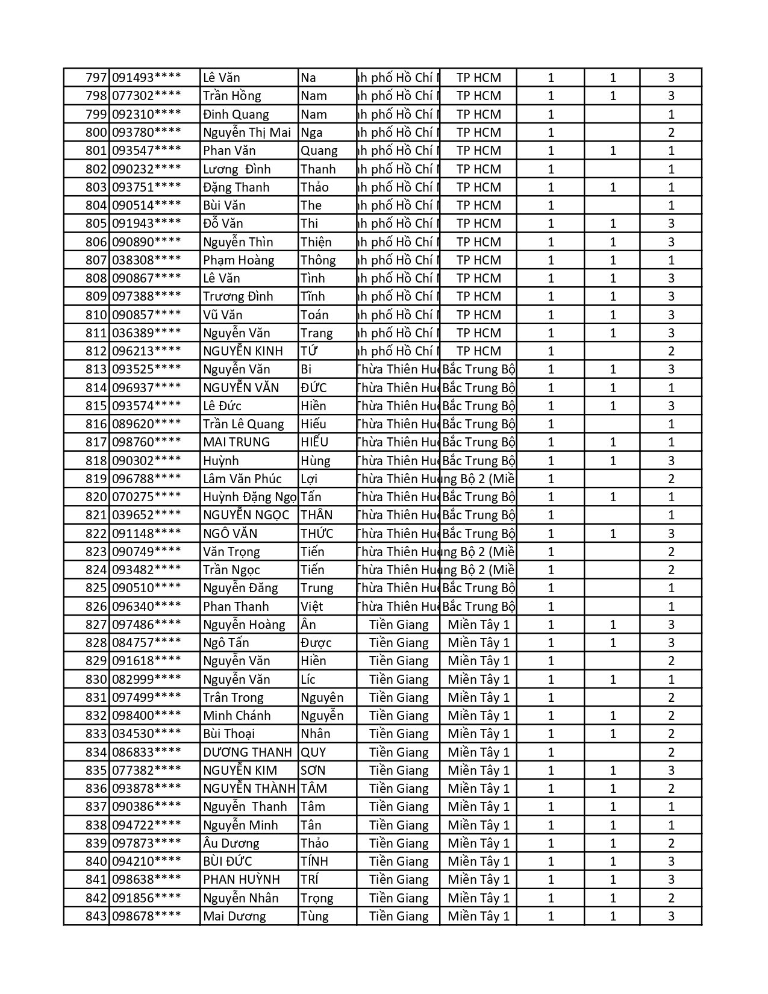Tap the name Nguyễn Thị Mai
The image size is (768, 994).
(x=247, y=133)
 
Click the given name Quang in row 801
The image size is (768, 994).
(x=319, y=151)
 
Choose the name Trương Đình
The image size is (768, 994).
(x=238, y=296)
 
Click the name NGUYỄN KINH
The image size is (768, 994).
(x=243, y=351)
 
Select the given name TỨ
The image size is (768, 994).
(x=309, y=351)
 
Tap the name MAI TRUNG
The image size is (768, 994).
(x=236, y=442)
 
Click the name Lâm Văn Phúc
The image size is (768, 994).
(x=242, y=479)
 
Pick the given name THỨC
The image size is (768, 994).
(x=317, y=534)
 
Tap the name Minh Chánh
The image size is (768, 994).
(x=237, y=716)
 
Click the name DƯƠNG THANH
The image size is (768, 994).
(x=247, y=752)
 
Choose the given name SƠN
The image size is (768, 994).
(x=313, y=771)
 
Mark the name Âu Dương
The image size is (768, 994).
(x=231, y=843)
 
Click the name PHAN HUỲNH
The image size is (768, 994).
(x=241, y=880)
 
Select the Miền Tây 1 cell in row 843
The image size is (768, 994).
(x=478, y=916)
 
